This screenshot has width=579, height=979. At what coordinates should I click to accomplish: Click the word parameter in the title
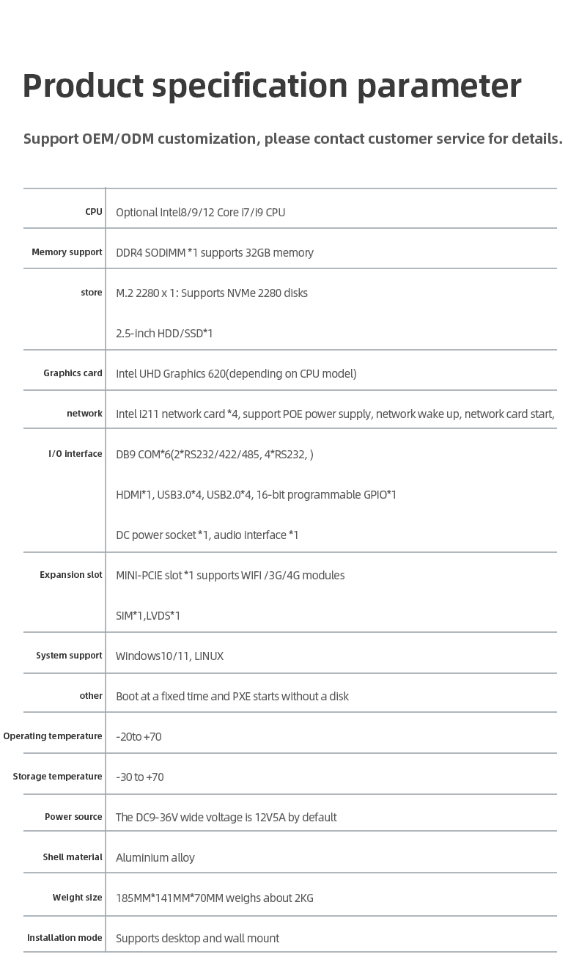pyautogui.click(x=439, y=87)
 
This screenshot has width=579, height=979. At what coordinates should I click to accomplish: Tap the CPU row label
pyautogui.click(x=94, y=212)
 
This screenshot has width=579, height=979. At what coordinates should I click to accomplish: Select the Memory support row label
pyautogui.click(x=67, y=252)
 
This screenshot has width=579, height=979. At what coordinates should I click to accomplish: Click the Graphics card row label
pyautogui.click(x=73, y=373)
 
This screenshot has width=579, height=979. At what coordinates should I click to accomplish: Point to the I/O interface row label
pyautogui.click(x=75, y=454)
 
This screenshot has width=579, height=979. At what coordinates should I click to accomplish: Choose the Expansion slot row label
pyautogui.click(x=71, y=575)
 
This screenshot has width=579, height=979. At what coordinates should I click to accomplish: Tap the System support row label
pyautogui.click(x=69, y=656)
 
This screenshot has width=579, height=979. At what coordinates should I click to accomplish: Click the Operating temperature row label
pyautogui.click(x=53, y=736)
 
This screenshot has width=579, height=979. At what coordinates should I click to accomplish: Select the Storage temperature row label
pyautogui.click(x=57, y=777)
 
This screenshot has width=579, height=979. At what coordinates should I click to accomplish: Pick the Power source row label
pyautogui.click(x=73, y=817)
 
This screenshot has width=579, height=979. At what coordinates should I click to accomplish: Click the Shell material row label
pyautogui.click(x=73, y=857)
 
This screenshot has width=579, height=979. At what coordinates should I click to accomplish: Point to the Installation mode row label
pyautogui.click(x=64, y=938)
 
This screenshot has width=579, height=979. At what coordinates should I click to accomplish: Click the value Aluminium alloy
pyautogui.click(x=155, y=857)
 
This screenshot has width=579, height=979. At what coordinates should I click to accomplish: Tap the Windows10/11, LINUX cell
pyautogui.click(x=169, y=656)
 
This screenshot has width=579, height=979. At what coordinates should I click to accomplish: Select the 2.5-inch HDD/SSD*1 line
pyautogui.click(x=164, y=333)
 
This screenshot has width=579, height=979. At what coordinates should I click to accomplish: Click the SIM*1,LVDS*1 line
pyautogui.click(x=148, y=615)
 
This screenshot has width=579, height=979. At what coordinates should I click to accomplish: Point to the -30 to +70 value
pyautogui.click(x=140, y=777)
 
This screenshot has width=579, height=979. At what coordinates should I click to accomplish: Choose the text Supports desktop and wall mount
pyautogui.click(x=197, y=938)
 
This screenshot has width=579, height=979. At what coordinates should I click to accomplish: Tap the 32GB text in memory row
pyautogui.click(x=259, y=252)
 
